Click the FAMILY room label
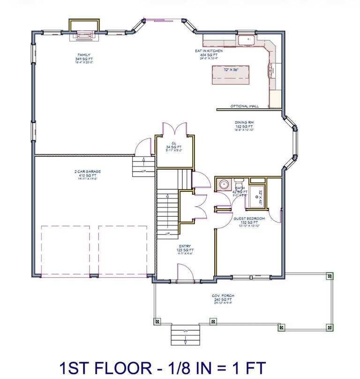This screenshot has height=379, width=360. (84, 54)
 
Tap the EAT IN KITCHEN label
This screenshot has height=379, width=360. (209, 50)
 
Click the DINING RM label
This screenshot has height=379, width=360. (244, 122)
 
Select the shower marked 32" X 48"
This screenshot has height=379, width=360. (256, 197)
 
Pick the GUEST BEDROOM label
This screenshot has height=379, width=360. (249, 219)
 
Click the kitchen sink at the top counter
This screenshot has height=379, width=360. (246, 40)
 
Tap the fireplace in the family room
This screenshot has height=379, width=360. (84, 33)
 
